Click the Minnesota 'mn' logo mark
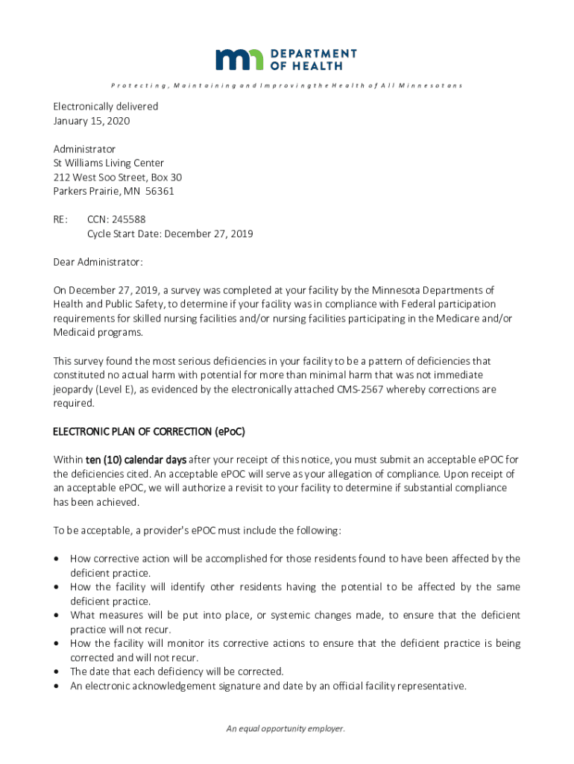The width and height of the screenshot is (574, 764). coord(239,60)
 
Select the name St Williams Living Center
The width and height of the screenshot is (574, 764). coord(109,163)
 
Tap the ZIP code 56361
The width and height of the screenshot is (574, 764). coord(160,191)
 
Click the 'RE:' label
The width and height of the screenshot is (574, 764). coord(60,219)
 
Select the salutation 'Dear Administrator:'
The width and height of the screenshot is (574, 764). coord(98,262)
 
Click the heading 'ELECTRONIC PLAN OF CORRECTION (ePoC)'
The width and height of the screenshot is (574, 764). coord(149,432)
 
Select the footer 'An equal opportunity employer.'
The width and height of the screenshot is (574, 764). coord(286,729)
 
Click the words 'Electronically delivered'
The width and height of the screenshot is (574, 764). coord(105,107)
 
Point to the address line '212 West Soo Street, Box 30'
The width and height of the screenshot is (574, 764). coord(118,178)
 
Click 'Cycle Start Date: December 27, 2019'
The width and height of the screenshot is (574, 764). coord(170,234)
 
